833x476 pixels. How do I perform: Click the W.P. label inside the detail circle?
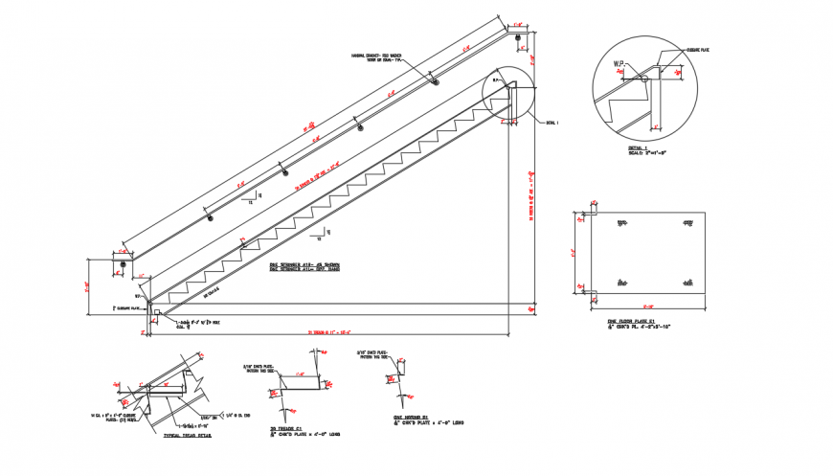619,63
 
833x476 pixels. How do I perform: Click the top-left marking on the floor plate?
622,223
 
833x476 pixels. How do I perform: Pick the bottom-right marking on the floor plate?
687,282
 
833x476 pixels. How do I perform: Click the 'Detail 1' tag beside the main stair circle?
551,123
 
